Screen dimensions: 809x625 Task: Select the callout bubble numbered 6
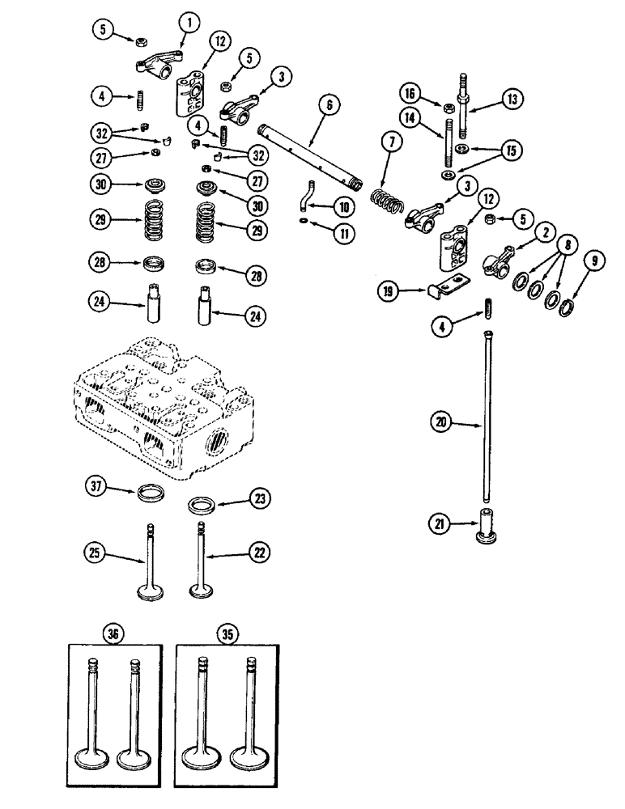pos(330,105)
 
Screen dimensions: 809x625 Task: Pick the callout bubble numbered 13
pos(512,100)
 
